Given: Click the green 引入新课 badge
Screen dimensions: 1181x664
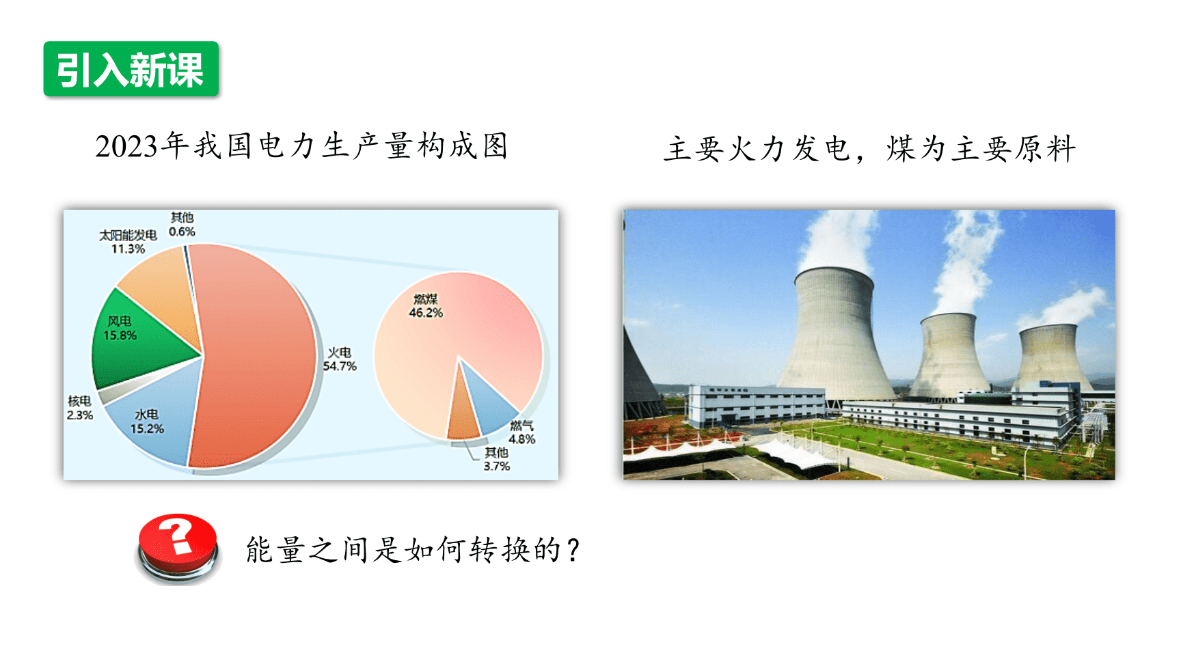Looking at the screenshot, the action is click(x=131, y=69).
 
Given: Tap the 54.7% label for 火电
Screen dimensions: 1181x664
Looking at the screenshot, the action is click(x=340, y=366).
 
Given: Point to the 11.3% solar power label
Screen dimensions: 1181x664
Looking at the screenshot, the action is click(x=128, y=249).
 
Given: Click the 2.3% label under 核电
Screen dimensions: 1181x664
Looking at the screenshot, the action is click(x=79, y=415).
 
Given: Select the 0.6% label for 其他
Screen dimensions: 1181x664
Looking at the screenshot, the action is click(x=182, y=232).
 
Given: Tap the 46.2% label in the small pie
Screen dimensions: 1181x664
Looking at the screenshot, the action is click(x=426, y=313).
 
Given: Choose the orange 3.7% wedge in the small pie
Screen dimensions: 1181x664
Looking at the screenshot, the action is click(x=463, y=410).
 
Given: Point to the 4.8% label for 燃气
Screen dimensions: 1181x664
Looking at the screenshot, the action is click(x=521, y=439).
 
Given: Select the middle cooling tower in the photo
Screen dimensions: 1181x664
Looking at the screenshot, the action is click(x=949, y=355).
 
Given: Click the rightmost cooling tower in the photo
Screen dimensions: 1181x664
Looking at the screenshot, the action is click(x=1050, y=358).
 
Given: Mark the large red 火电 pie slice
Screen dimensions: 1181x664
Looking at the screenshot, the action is click(x=253, y=355).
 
